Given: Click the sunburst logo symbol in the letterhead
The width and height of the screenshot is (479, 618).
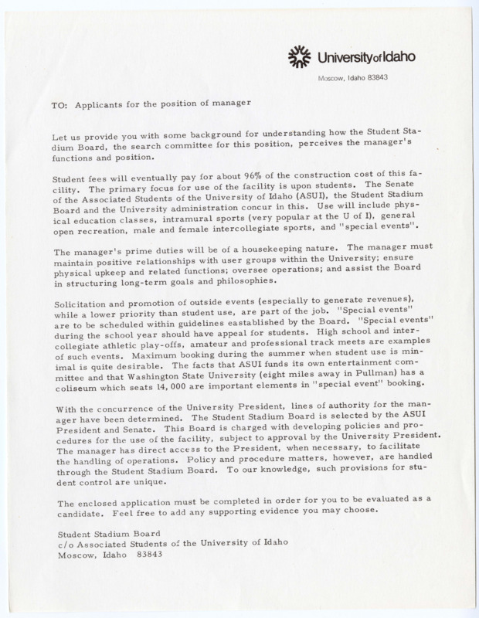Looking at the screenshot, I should [299, 56].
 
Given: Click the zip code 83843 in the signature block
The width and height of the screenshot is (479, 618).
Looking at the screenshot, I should [151, 555].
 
